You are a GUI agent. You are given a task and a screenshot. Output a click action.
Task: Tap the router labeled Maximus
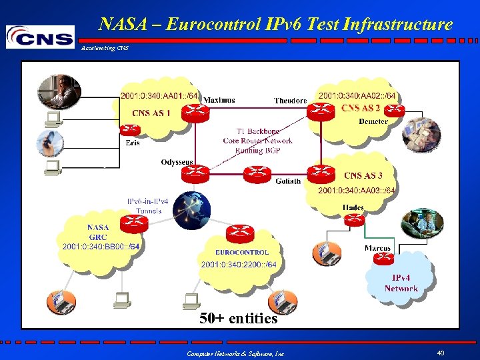pyautogui.click(x=196, y=112)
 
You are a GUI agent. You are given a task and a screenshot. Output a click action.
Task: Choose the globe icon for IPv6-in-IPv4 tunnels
pyautogui.click(x=191, y=209)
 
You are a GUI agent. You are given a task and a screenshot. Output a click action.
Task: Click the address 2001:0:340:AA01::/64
pyautogui.click(x=159, y=97)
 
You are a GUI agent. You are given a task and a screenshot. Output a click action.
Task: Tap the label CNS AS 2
pyautogui.click(x=361, y=108)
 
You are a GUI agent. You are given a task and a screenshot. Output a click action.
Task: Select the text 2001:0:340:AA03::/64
pyautogui.click(x=357, y=191)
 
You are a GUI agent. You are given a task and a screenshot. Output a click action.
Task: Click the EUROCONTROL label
pyautogui.click(x=242, y=253)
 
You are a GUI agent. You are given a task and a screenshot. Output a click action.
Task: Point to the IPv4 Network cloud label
pyautogui.click(x=401, y=283)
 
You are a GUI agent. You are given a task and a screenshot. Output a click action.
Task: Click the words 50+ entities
pyautogui.click(x=239, y=319)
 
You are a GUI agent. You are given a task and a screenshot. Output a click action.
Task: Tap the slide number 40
pyautogui.click(x=441, y=353)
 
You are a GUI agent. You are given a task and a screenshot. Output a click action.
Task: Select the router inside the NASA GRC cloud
pyautogui.click(x=137, y=223)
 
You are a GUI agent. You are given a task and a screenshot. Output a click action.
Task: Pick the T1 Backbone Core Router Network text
pyautogui.click(x=257, y=141)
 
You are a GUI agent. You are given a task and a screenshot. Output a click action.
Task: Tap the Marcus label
pyautogui.click(x=377, y=249)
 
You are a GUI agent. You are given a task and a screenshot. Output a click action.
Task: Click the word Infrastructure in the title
pyautogui.click(x=398, y=25)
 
